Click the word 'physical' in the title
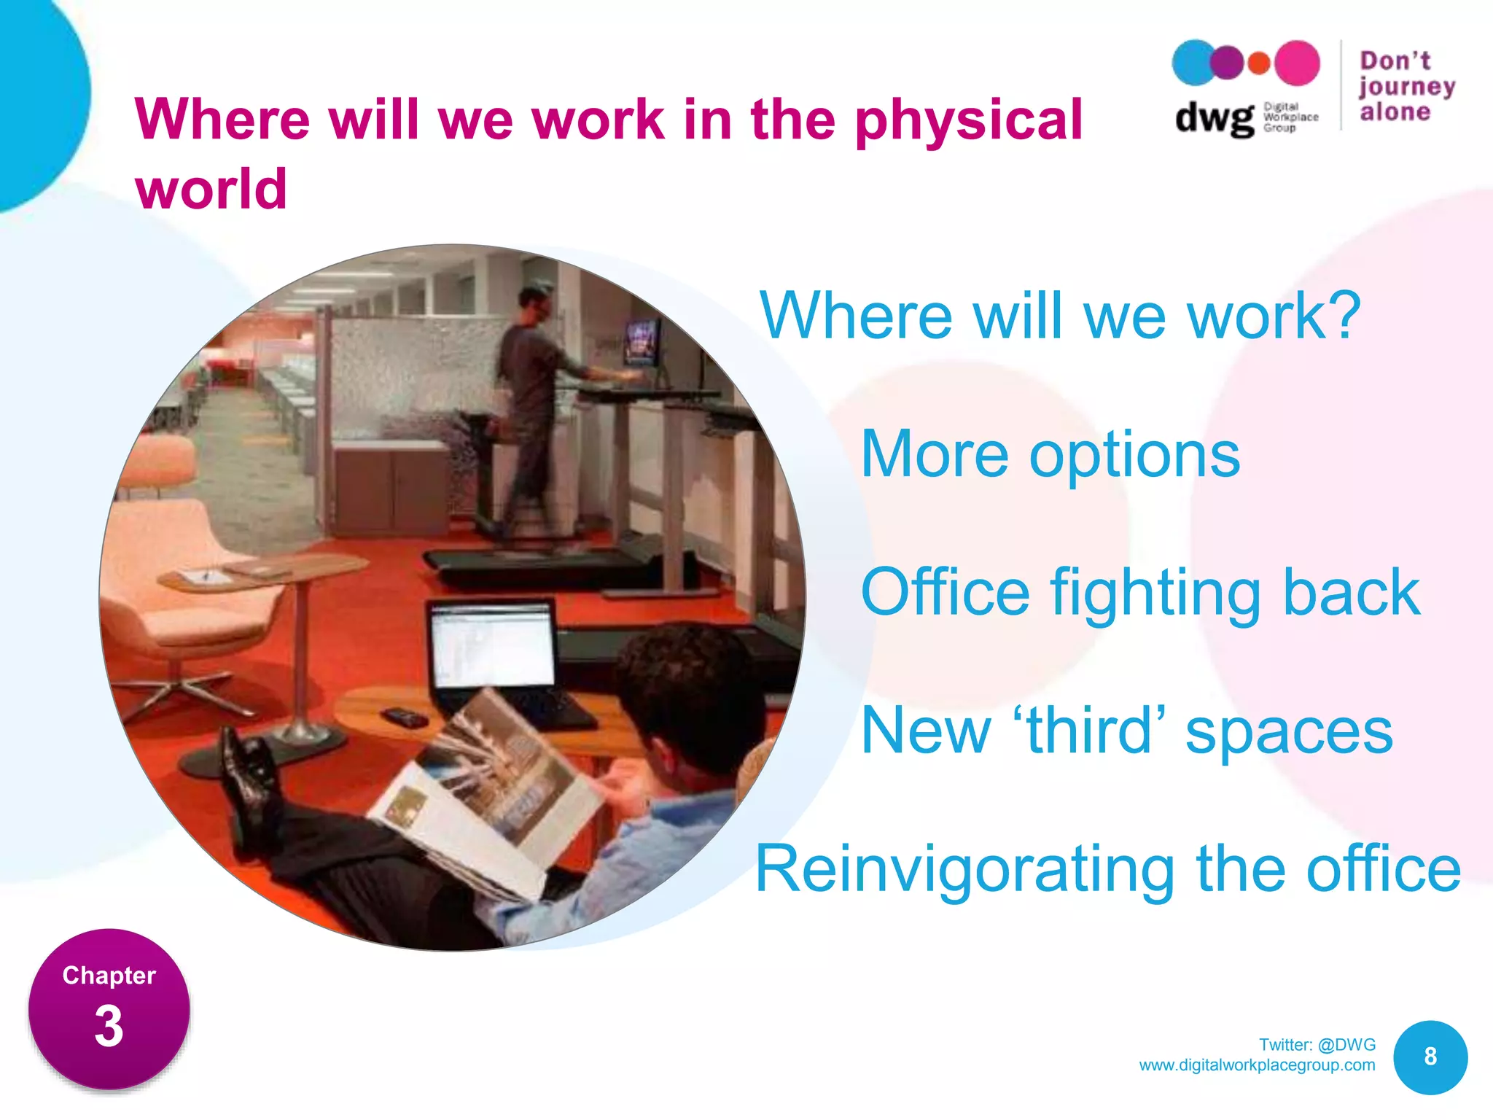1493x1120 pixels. [x=968, y=120]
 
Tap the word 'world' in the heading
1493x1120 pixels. [x=211, y=189]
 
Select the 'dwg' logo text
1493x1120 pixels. [x=1213, y=117]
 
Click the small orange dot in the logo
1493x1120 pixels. [x=1259, y=63]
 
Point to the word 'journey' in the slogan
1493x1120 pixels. [x=1406, y=87]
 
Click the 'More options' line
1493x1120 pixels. [x=1050, y=454]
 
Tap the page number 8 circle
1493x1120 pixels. [x=1430, y=1057]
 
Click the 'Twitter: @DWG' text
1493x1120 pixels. [x=1317, y=1044]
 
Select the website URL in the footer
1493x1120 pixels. [x=1257, y=1065]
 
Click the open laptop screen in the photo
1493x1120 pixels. [x=493, y=646]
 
